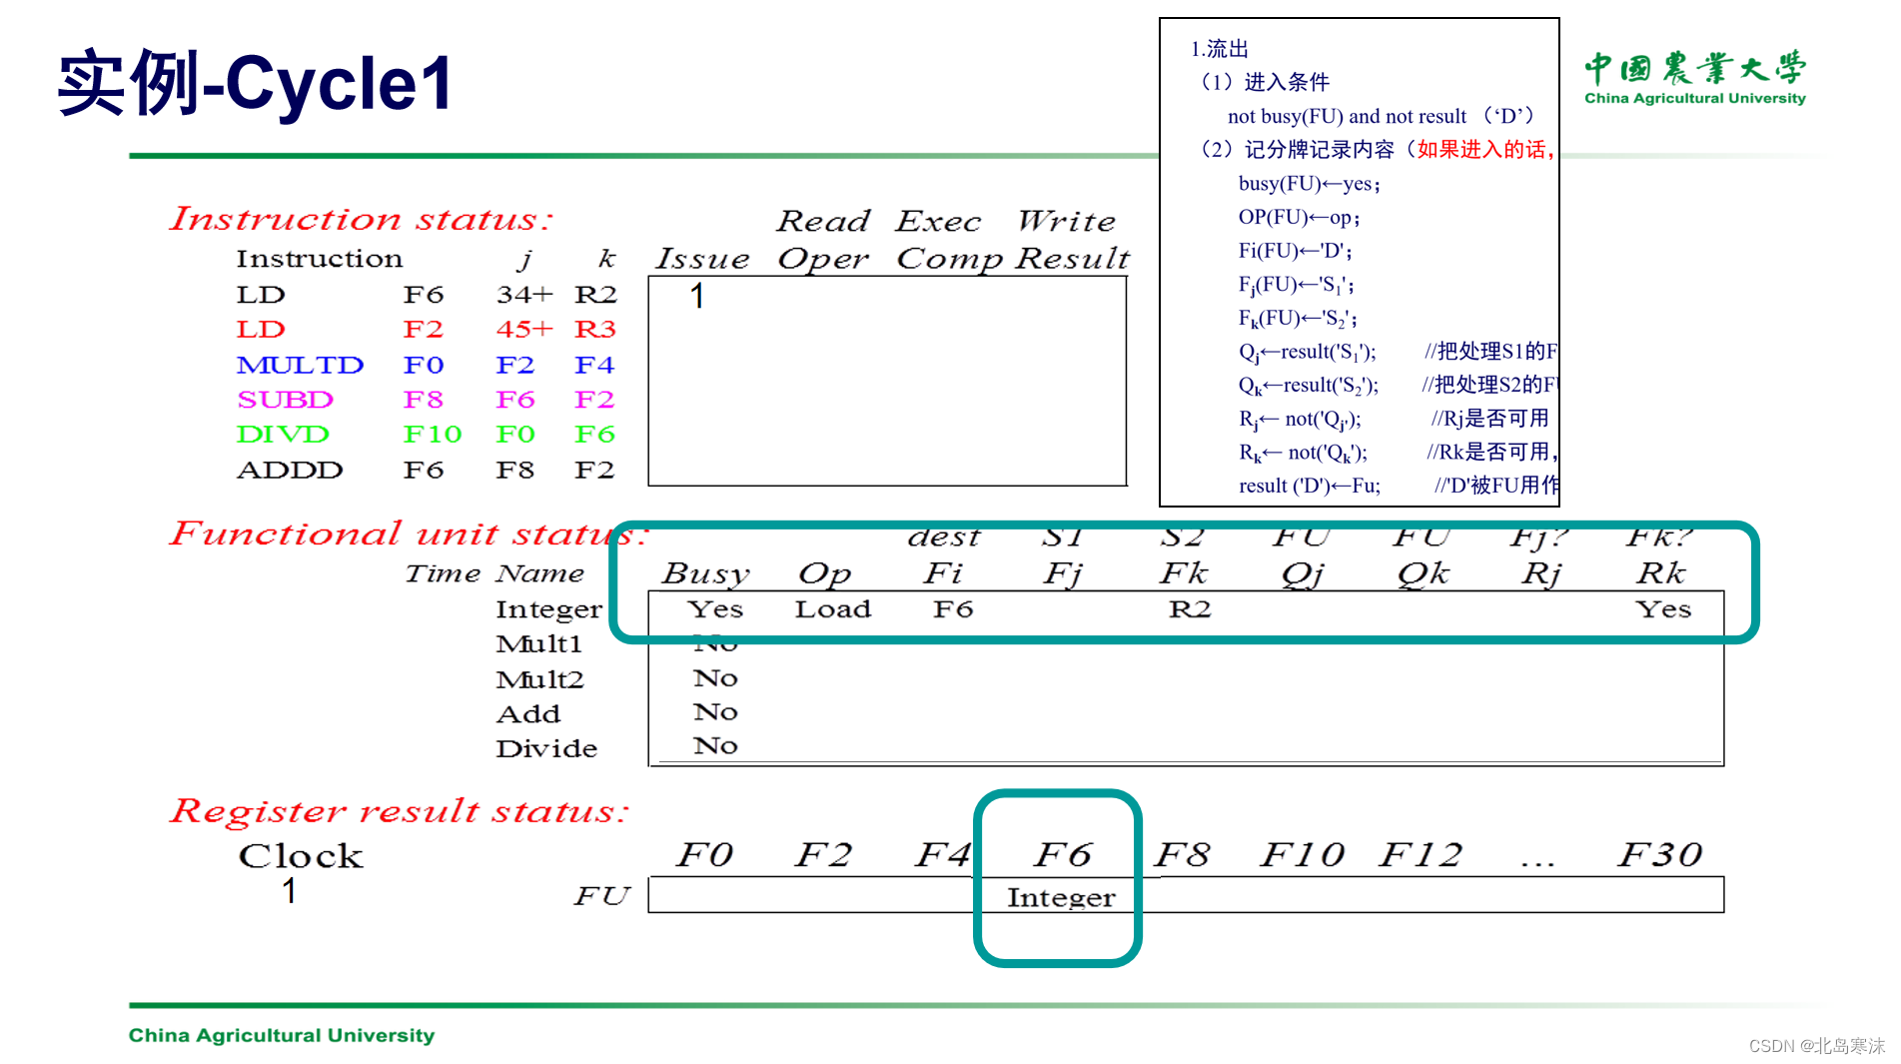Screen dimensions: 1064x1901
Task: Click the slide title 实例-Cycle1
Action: click(256, 83)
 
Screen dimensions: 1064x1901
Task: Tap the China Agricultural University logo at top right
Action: click(1694, 77)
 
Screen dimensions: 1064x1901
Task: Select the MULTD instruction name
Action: click(300, 365)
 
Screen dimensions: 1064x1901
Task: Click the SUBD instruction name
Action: click(285, 400)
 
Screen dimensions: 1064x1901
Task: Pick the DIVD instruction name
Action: click(283, 435)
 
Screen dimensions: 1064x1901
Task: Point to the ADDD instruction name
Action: click(290, 470)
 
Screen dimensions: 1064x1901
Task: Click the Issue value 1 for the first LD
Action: click(697, 296)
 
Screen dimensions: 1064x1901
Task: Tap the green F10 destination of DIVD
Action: click(432, 435)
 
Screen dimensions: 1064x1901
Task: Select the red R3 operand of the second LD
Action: click(595, 330)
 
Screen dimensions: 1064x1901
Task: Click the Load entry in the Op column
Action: click(832, 609)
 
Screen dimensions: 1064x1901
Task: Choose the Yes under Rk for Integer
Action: click(1662, 609)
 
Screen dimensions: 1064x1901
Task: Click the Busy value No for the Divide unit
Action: click(715, 746)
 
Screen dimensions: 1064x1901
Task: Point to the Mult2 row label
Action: click(539, 679)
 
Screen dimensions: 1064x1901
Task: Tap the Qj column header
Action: click(1302, 573)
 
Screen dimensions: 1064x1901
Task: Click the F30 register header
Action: click(1659, 854)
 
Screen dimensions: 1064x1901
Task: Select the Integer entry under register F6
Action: click(1060, 897)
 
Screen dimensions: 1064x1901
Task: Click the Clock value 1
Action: click(289, 890)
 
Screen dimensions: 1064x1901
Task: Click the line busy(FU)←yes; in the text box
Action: click(1309, 184)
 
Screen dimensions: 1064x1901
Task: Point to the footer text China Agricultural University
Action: click(282, 1035)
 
